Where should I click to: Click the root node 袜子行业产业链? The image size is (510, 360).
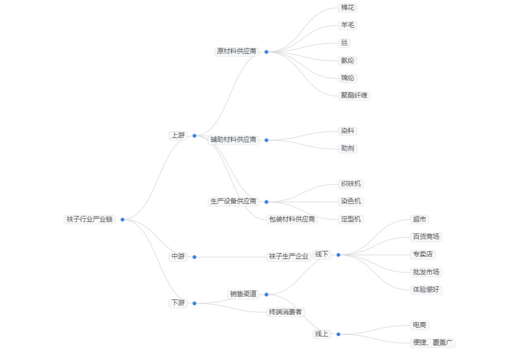[89, 219]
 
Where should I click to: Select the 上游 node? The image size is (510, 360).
[178, 135]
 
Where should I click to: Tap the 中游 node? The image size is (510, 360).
[178, 256]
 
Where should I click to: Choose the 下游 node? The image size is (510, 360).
[178, 303]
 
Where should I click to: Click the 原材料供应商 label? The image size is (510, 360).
[237, 51]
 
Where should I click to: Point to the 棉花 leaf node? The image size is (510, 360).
[347, 8]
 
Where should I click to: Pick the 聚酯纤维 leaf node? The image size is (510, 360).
[355, 95]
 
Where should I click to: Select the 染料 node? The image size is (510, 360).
[347, 131]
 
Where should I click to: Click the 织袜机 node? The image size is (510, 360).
[351, 184]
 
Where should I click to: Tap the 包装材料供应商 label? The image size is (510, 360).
[292, 219]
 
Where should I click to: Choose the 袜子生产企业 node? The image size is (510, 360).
[289, 256]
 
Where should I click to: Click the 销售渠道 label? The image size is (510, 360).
[243, 294]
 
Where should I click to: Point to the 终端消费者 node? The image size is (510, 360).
[285, 312]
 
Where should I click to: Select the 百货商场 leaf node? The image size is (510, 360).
[425, 237]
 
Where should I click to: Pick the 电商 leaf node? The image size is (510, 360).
[419, 325]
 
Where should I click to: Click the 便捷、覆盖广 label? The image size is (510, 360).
[433, 343]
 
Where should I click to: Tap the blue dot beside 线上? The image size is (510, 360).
[338, 334]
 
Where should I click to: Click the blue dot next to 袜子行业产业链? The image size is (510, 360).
[123, 219]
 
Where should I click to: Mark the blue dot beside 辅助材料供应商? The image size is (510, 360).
[266, 140]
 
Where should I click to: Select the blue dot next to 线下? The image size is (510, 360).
[338, 254]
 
